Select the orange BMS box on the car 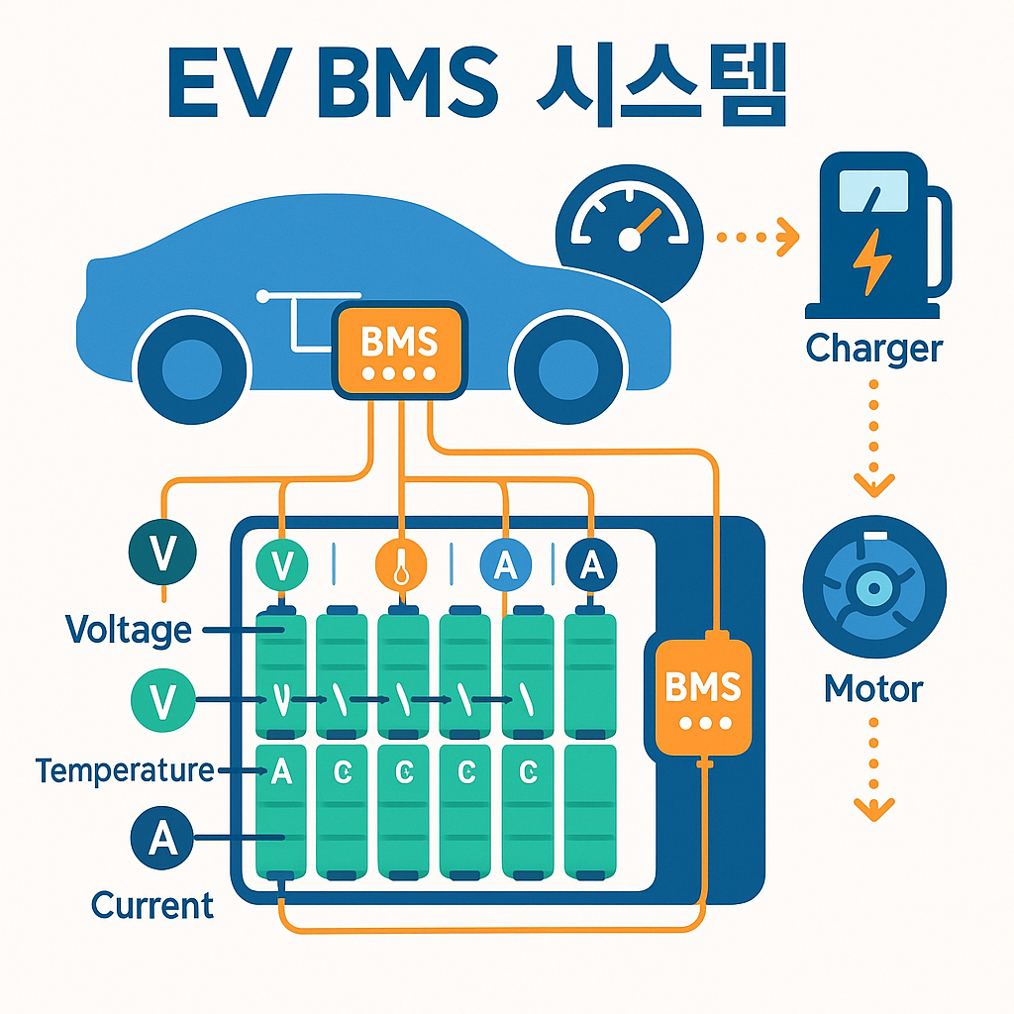399,352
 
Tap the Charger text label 873,349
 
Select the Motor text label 873,688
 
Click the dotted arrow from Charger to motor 873,436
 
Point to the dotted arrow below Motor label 873,772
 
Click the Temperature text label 125,769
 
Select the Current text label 152,904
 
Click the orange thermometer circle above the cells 401,565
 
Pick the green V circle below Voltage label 162,700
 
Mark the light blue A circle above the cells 505,565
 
